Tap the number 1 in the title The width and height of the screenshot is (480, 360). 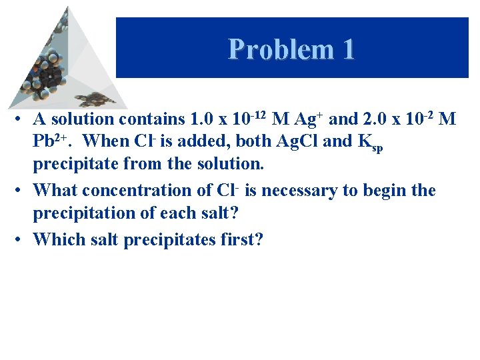point(347,49)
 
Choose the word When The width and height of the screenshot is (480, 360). point(107,141)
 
